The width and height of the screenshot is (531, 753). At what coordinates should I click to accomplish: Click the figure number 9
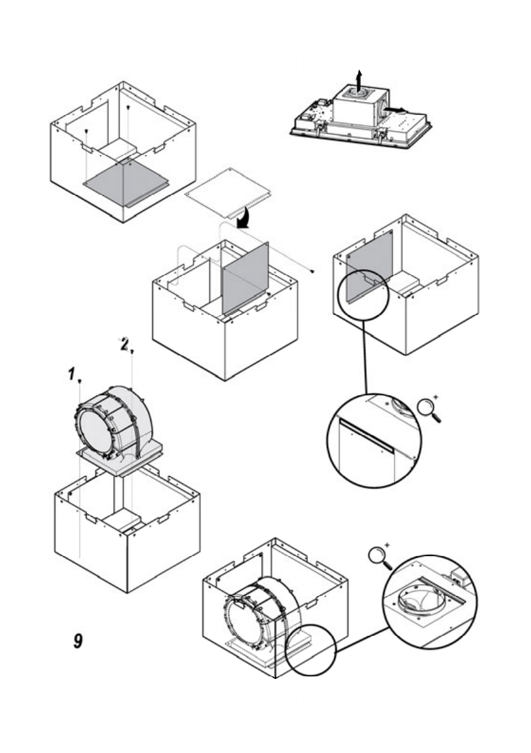tap(78, 640)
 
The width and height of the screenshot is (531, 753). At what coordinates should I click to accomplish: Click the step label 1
tap(71, 373)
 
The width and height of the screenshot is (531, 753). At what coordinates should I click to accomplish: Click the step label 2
tap(125, 344)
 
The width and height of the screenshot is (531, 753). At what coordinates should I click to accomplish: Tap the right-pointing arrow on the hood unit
tap(394, 110)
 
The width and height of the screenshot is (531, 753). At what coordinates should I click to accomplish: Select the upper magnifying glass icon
tap(429, 409)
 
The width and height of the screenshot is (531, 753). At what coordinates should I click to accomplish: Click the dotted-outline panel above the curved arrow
tap(228, 192)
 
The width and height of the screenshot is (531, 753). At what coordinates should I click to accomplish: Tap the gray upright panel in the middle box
tap(245, 278)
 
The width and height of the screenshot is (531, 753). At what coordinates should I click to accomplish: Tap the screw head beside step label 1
tap(80, 381)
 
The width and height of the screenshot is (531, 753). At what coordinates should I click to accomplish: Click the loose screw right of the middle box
tap(312, 271)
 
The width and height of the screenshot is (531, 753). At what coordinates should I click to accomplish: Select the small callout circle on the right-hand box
tap(363, 295)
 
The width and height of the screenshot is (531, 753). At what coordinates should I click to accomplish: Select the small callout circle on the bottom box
tap(311, 650)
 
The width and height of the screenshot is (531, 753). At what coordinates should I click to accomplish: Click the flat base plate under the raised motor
tap(119, 459)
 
